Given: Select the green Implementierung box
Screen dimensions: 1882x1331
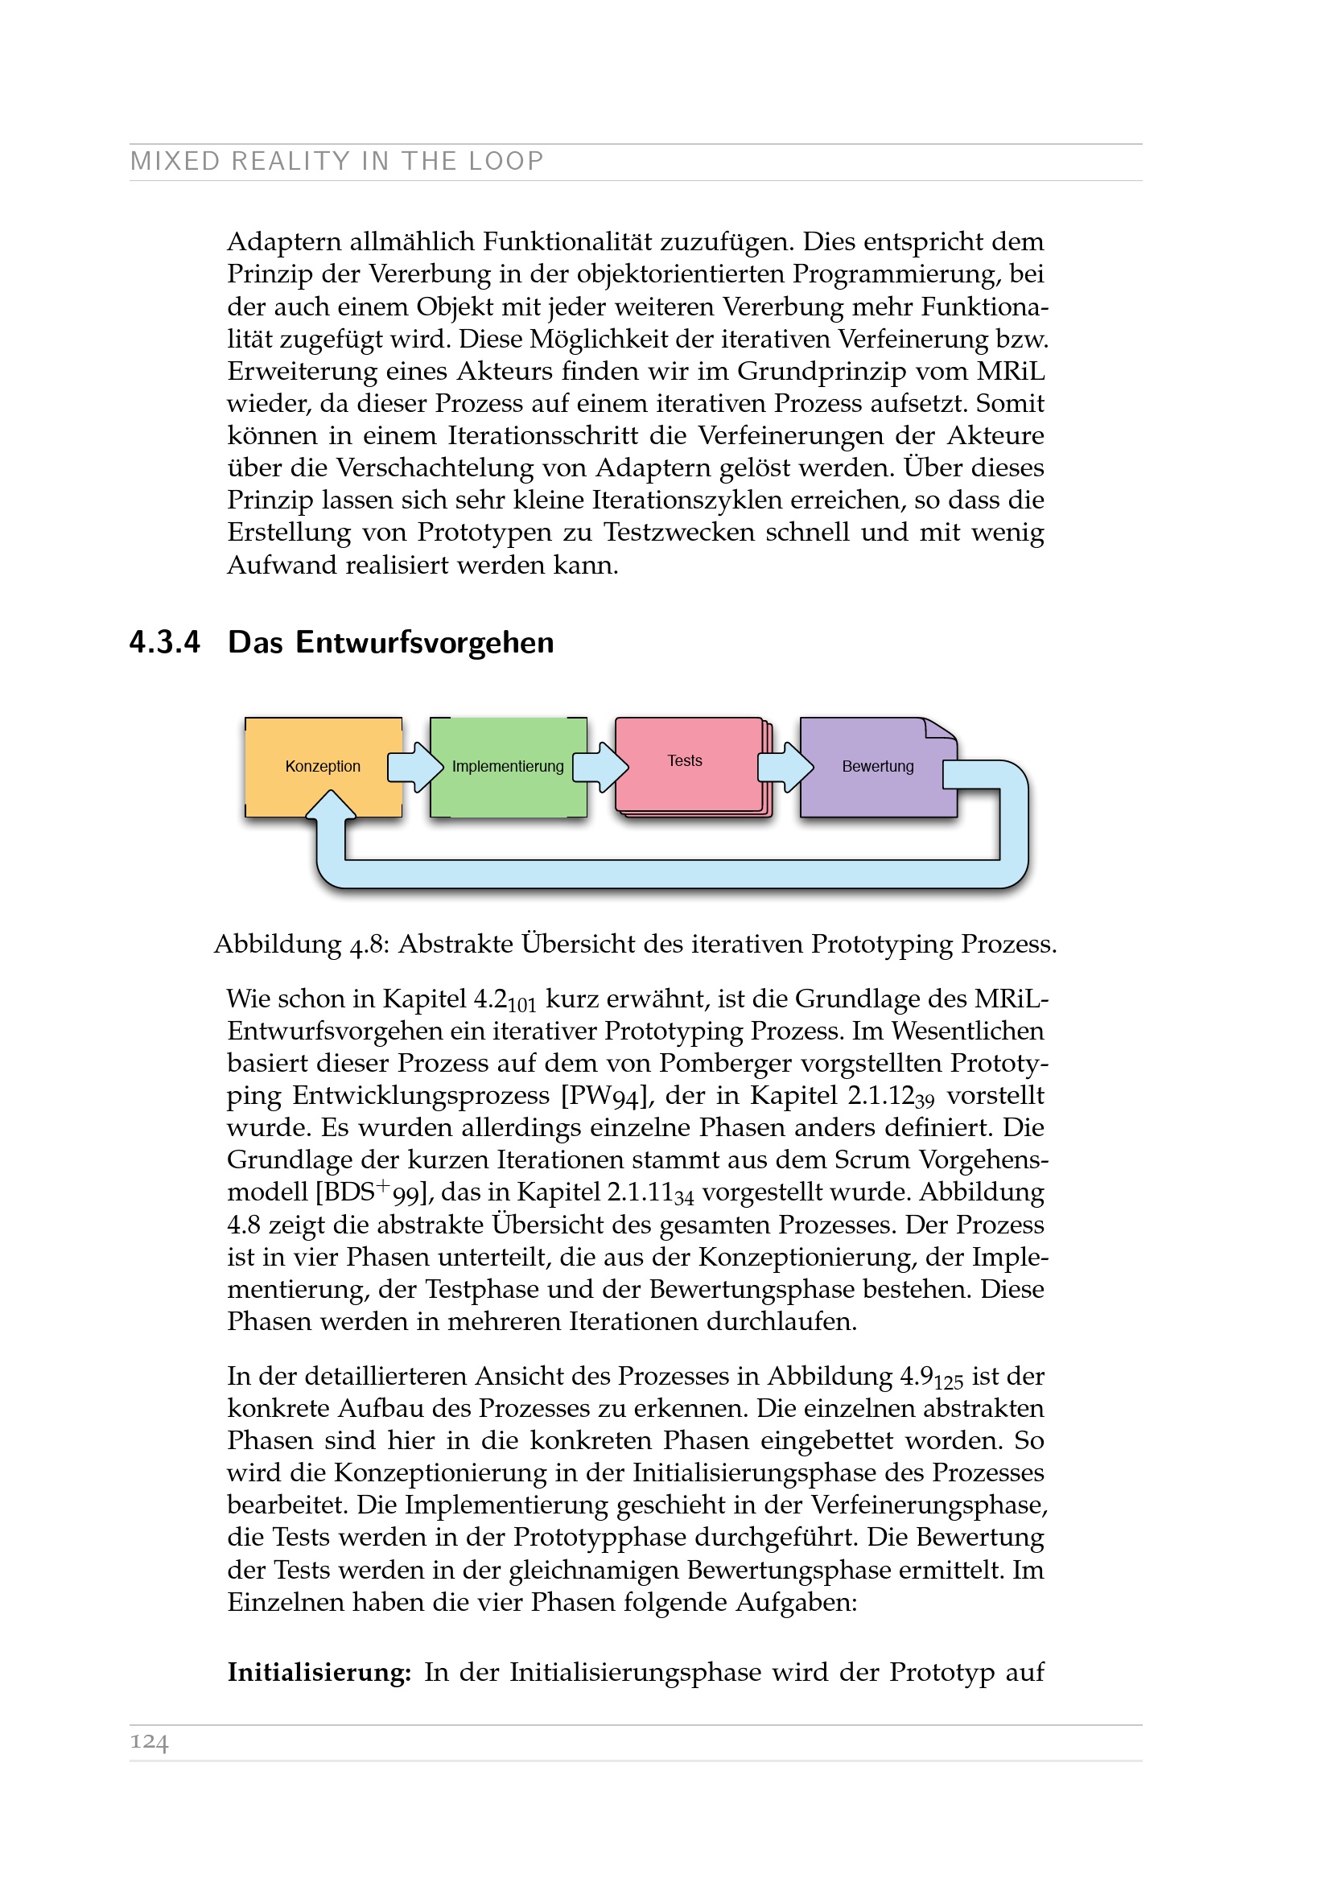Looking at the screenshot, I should (507, 767).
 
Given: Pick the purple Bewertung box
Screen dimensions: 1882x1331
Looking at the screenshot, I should (877, 767).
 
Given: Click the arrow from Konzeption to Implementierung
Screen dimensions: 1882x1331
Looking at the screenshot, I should (415, 768).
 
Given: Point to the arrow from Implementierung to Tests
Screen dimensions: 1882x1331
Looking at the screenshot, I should (601, 768).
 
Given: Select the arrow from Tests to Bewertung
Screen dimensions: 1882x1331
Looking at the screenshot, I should (786, 768).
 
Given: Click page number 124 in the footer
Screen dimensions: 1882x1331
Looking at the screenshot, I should (149, 1742).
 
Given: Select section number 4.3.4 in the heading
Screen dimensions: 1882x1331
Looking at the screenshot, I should (165, 642).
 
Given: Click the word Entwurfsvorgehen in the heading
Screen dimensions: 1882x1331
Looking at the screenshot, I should (425, 642).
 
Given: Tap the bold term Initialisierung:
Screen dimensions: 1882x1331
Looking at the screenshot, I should (319, 1672).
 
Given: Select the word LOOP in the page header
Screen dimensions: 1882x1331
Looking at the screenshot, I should (505, 161).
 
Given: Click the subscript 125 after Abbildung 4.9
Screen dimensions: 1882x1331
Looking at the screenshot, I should (948, 1383).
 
